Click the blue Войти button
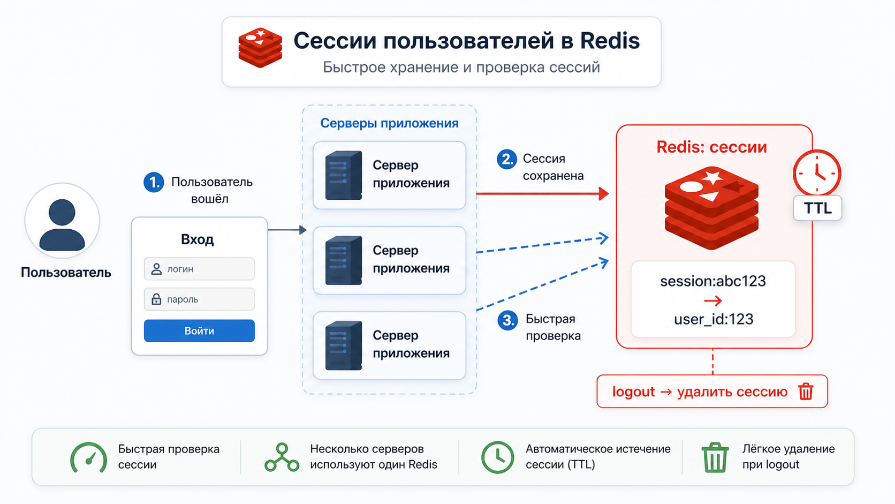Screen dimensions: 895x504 (x=199, y=330)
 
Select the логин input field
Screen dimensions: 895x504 (x=199, y=268)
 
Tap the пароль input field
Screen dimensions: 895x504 (x=199, y=299)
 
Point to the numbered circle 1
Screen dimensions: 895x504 (x=154, y=182)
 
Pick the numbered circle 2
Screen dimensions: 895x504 (x=506, y=159)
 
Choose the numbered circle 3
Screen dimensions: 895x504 (x=507, y=320)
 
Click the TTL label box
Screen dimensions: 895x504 (x=817, y=208)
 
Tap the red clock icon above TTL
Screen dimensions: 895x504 (x=817, y=174)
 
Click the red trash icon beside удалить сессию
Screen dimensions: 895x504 (x=806, y=392)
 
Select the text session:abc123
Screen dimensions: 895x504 (x=713, y=281)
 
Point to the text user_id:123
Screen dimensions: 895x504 (x=714, y=319)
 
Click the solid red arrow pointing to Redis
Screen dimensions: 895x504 (x=543, y=194)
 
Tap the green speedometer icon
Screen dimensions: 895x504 (x=89, y=458)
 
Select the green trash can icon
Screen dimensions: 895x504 (x=715, y=457)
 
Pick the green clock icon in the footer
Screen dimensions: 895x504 (x=497, y=457)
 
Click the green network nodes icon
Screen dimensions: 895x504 (x=282, y=457)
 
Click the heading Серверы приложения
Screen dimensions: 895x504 (x=389, y=123)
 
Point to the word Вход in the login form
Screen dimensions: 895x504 (x=198, y=239)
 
